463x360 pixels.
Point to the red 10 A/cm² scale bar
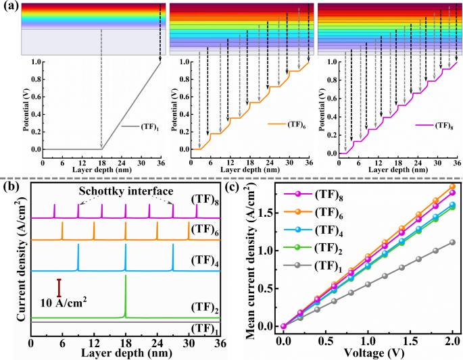(x=59, y=288)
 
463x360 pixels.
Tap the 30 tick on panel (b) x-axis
(x=189, y=343)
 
